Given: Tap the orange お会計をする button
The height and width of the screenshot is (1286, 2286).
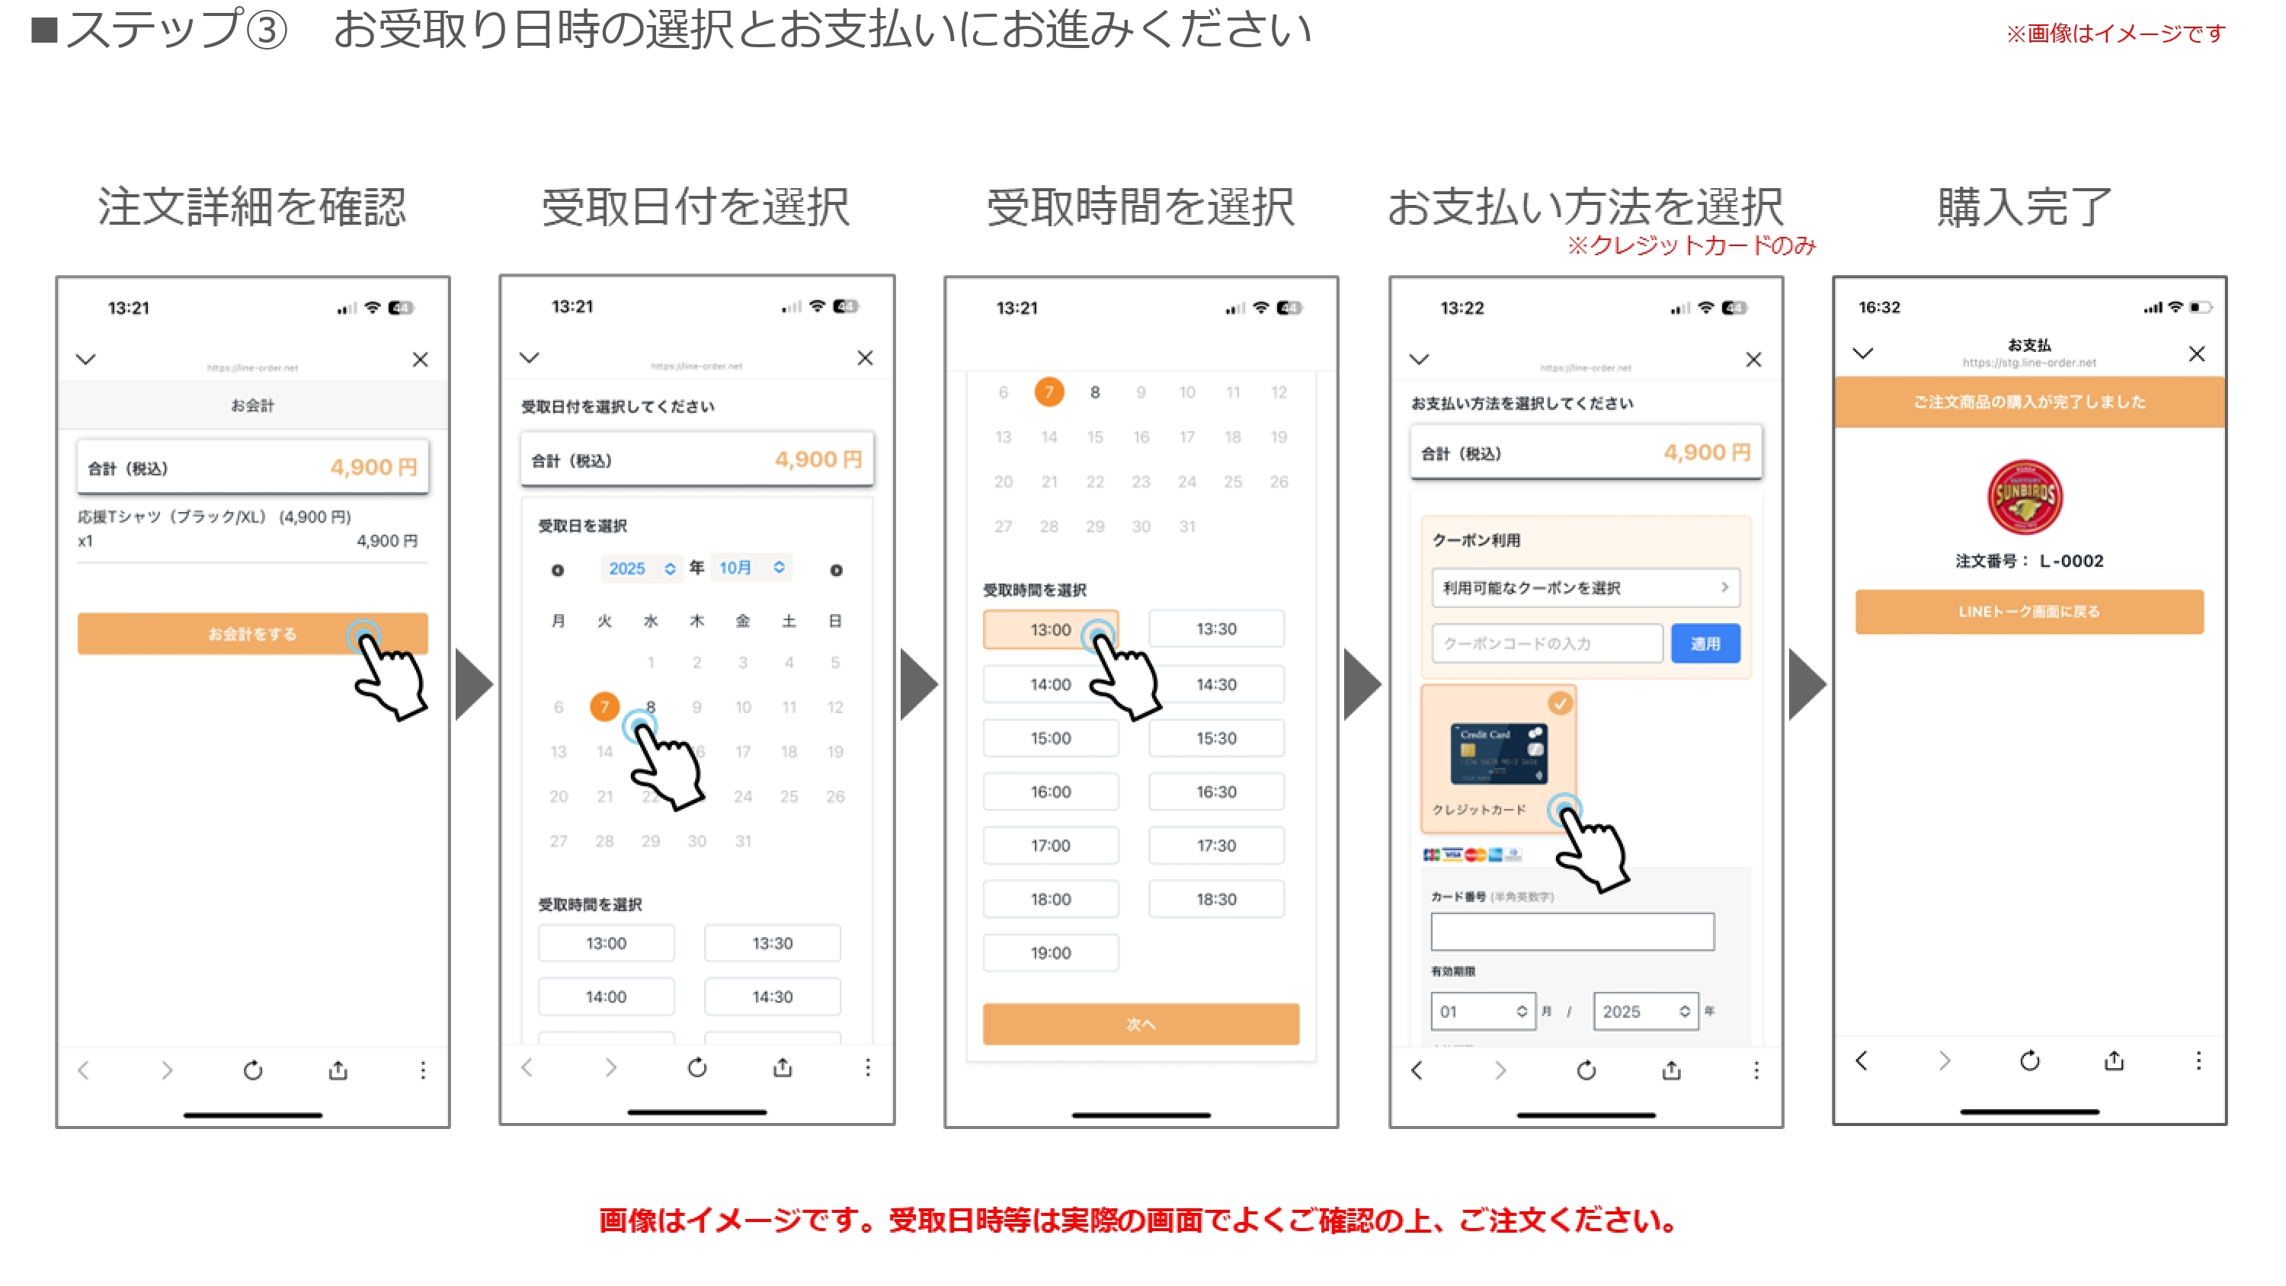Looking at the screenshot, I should pyautogui.click(x=252, y=634).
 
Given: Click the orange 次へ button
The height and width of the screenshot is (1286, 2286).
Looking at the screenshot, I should pyautogui.click(x=1141, y=1023).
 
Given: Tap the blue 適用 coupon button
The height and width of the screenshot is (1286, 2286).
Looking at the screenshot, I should pyautogui.click(x=1704, y=644).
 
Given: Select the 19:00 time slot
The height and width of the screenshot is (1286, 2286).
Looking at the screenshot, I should pyautogui.click(x=1050, y=952).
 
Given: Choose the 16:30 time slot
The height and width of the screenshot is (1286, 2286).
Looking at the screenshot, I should pyautogui.click(x=1215, y=792).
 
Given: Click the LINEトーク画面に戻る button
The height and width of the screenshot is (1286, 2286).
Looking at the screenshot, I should pyautogui.click(x=2028, y=612).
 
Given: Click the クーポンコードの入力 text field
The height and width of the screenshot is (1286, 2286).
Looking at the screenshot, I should pyautogui.click(x=1546, y=644).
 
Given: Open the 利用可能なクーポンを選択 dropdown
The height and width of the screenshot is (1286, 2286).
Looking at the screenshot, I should pyautogui.click(x=1585, y=587).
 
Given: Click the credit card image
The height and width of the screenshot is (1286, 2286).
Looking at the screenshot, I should pyautogui.click(x=1498, y=753).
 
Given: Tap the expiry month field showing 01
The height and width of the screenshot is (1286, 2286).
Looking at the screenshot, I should pyautogui.click(x=1482, y=1011).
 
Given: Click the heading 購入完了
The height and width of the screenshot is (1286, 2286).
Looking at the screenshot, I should pyautogui.click(x=2023, y=206).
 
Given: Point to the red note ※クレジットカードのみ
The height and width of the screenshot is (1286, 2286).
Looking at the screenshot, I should pyautogui.click(x=1692, y=245).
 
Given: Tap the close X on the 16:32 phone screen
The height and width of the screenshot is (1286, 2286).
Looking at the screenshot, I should pyautogui.click(x=2195, y=354).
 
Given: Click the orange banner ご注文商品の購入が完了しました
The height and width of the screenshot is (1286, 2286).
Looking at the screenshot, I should pyautogui.click(x=2028, y=402).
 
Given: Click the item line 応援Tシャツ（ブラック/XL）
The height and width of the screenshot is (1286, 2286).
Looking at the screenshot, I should pyautogui.click(x=214, y=517).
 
